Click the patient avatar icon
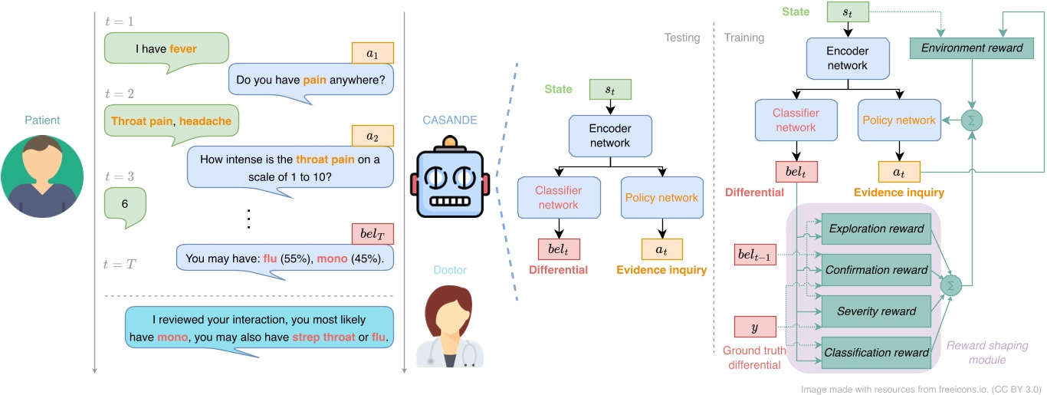[x=42, y=176]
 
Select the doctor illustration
[x=450, y=326]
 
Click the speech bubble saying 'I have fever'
[x=166, y=48]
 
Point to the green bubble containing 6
[x=125, y=204]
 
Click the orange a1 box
[x=373, y=53]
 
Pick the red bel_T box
[x=373, y=234]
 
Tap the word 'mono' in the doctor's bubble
[x=172, y=337]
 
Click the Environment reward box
[x=971, y=48]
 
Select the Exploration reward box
[x=876, y=229]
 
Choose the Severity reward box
[x=876, y=311]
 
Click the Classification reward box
[x=876, y=353]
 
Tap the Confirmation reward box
[x=876, y=270]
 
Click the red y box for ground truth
[x=755, y=327]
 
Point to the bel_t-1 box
[x=755, y=255]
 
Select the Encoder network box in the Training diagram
[x=848, y=58]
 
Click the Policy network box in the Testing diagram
[x=662, y=198]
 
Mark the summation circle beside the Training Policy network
[x=972, y=120]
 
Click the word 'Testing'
[x=682, y=38]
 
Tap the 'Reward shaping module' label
[x=987, y=353]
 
